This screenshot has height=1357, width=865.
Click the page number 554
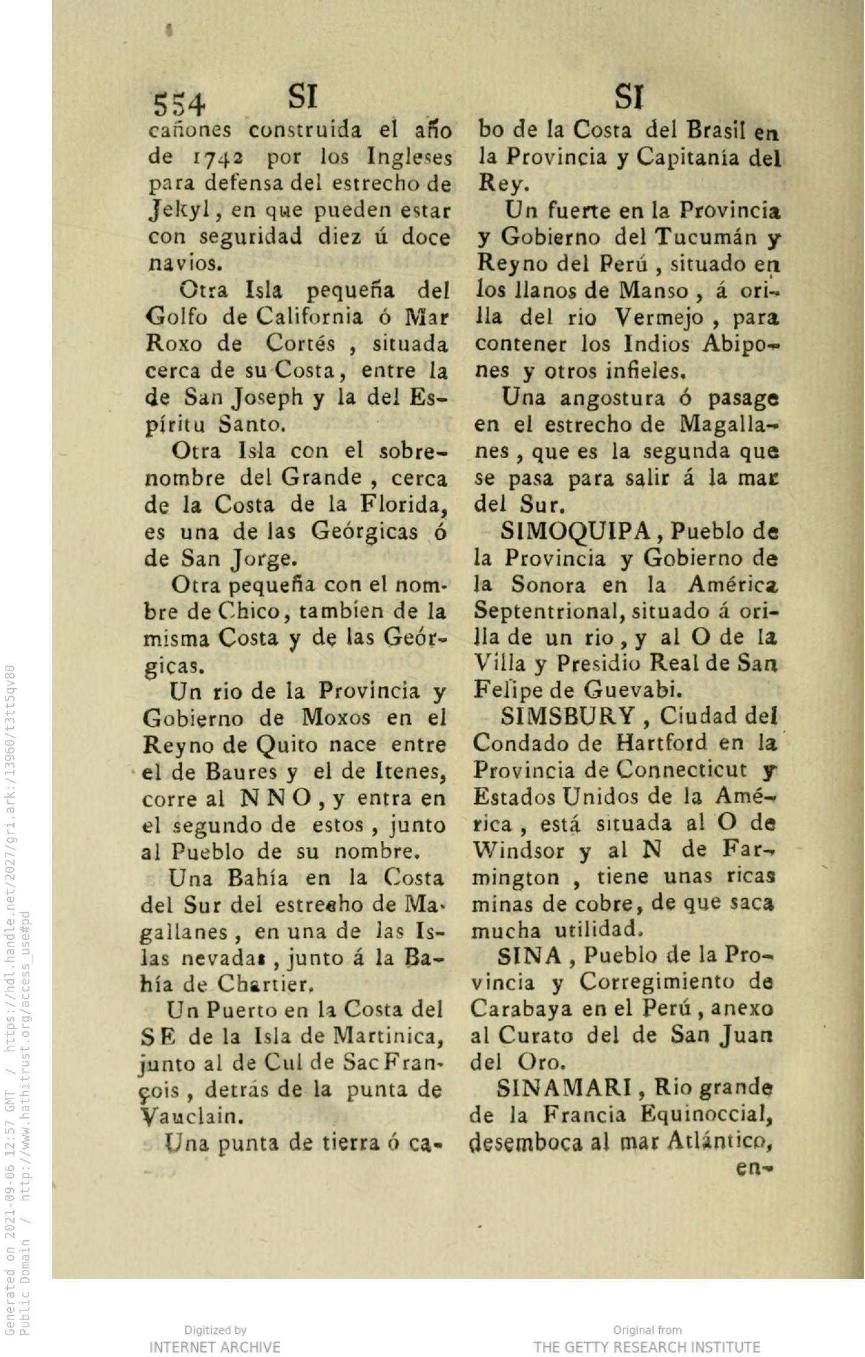pyautogui.click(x=179, y=104)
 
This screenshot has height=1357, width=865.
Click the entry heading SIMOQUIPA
pyautogui.click(x=575, y=531)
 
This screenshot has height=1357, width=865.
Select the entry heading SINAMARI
pyautogui.click(x=564, y=1089)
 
